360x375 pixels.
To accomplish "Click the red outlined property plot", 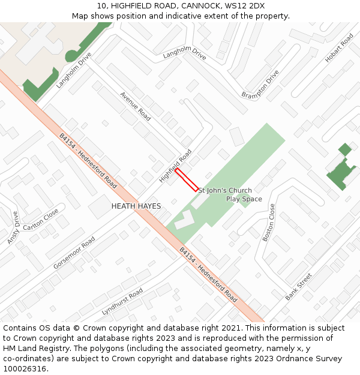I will point(187,179).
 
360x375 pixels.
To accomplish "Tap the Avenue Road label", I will point(136,106).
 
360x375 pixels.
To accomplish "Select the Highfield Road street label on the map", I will point(175,166).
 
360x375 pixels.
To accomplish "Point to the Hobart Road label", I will point(339,49).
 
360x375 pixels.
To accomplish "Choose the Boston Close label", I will point(268,223).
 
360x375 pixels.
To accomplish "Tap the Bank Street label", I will point(299,287).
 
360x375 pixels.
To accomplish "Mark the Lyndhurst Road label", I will point(122,302).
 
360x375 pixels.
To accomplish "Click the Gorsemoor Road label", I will point(74,252).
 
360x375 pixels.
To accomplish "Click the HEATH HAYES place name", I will point(136,206).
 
